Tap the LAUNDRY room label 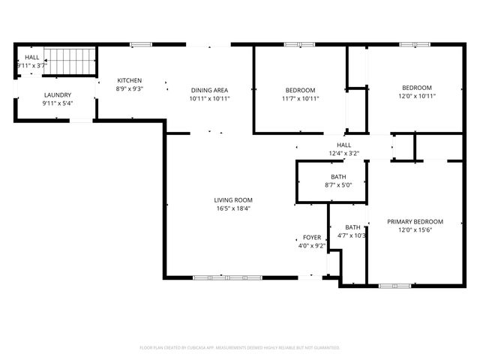(57, 95)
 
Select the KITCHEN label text (130, 80)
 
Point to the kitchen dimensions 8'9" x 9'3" (130, 88)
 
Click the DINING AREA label (209, 89)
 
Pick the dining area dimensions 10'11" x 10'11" (209, 98)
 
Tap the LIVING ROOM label (233, 200)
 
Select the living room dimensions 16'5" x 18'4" (233, 208)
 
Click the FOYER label (312, 237)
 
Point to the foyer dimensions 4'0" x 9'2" (312, 245)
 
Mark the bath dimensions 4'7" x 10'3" (352, 235)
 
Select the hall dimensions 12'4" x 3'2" (343, 154)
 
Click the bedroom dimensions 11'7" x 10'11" (300, 98)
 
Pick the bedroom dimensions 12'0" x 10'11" (416, 96)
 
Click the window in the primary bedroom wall (394, 285)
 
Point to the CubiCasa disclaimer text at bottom (240, 347)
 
